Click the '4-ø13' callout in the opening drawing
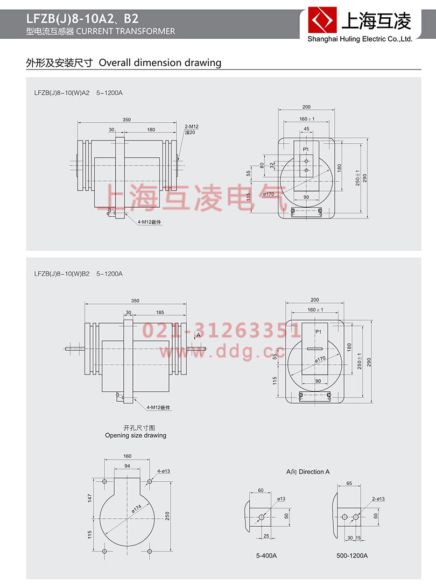coord(164,471)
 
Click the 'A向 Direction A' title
coord(308,471)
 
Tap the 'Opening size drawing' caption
coord(136,435)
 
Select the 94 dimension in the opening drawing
coord(127,466)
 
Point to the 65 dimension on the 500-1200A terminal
coord(349,484)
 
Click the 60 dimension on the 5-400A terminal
coord(261,490)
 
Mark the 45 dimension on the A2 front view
coord(306,129)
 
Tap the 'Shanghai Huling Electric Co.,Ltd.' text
coord(360,39)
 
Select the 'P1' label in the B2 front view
coord(318,331)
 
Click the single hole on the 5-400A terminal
coord(262,517)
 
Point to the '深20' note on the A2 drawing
coord(190,132)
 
